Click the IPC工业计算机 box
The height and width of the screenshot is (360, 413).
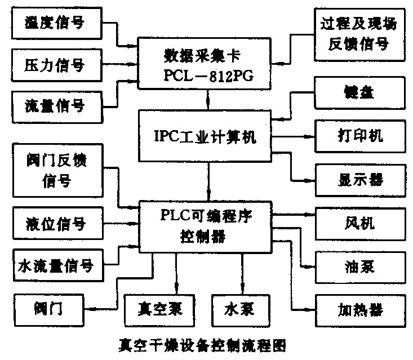pos(208,136)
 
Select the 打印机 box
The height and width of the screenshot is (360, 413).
pos(358,136)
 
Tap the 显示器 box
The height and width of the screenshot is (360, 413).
pos(358,179)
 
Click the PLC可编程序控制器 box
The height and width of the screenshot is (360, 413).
pos(208,225)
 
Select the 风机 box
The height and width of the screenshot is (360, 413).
pos(358,223)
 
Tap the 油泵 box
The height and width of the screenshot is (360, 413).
pos(358,265)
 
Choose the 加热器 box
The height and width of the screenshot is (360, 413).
pos(358,309)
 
